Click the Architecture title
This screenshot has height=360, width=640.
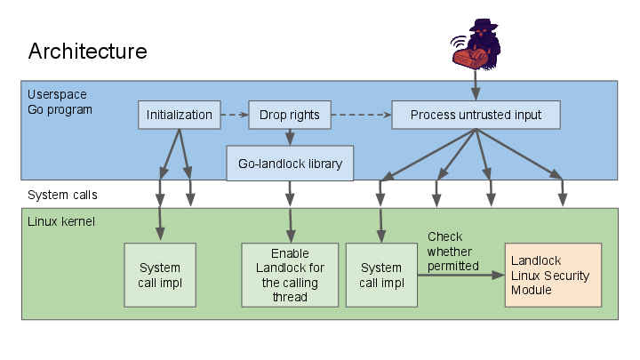(x=87, y=51)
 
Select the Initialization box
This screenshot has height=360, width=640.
(x=179, y=115)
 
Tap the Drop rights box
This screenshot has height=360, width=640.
(x=289, y=115)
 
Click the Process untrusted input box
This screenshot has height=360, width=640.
(x=476, y=115)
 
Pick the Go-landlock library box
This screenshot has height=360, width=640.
(x=290, y=164)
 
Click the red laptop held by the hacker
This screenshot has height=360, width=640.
(x=468, y=58)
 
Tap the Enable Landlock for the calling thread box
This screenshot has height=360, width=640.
(x=290, y=275)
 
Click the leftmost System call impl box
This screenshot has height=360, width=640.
(x=160, y=275)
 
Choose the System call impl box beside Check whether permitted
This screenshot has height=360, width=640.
(x=381, y=275)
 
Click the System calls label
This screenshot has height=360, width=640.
(x=62, y=195)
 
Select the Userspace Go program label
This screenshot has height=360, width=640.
(x=60, y=101)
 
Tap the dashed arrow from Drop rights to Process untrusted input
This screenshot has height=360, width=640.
(x=359, y=115)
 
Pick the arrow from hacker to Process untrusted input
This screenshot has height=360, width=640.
(x=476, y=84)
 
